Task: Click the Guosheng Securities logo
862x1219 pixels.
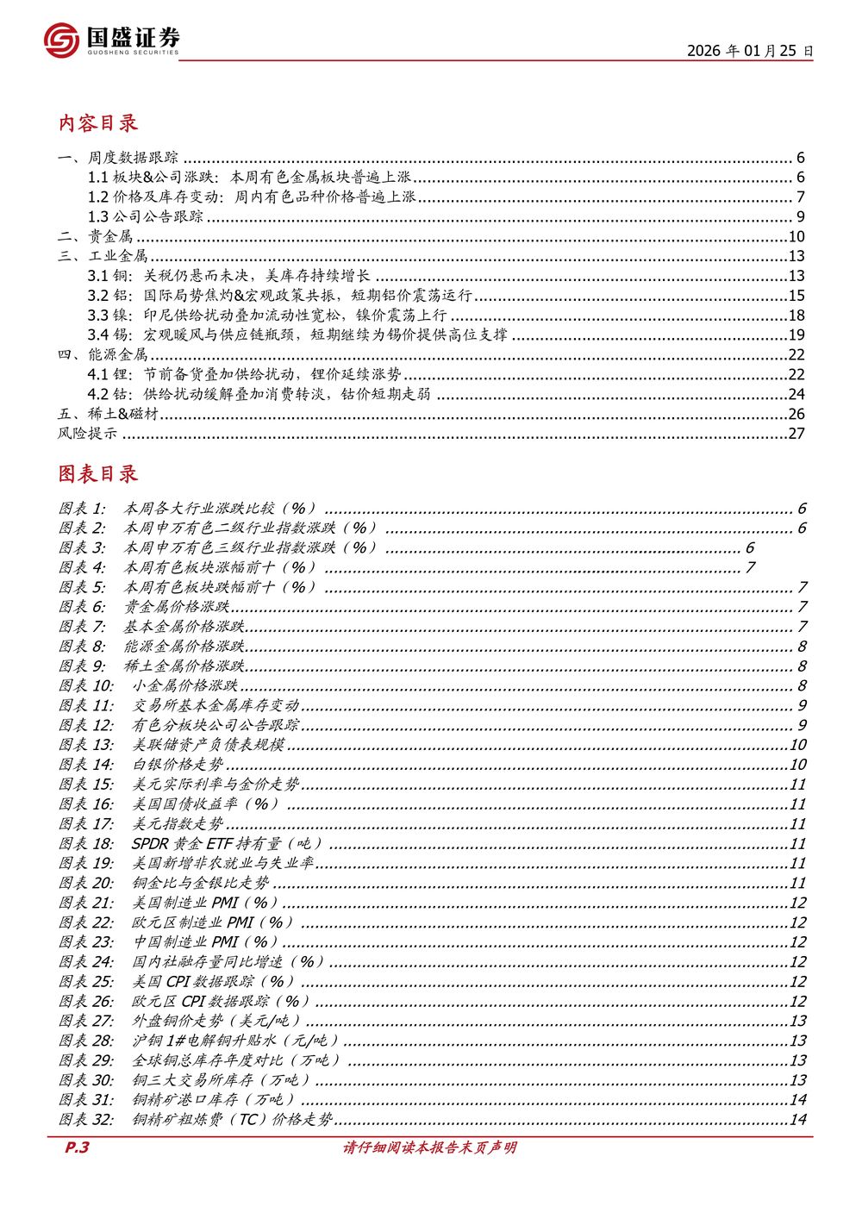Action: click(x=111, y=40)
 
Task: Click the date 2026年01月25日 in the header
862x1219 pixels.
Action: click(x=749, y=51)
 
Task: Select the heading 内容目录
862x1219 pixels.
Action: click(x=97, y=123)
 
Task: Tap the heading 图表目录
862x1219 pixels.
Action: click(x=97, y=474)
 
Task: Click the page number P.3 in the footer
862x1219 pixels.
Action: click(x=78, y=1148)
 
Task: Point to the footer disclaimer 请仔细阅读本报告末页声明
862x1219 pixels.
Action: click(x=430, y=1148)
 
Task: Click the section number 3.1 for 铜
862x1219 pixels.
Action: click(x=98, y=276)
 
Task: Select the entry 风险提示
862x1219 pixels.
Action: click(x=87, y=434)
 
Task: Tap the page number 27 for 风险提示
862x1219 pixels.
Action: click(x=796, y=434)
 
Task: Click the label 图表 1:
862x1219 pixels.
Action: click(x=82, y=509)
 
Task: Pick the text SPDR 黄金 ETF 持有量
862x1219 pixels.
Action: click(x=227, y=844)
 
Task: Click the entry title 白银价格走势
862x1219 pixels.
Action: click(x=178, y=765)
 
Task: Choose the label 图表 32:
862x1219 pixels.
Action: click(x=86, y=1120)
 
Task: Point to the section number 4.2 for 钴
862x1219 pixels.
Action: click(x=98, y=394)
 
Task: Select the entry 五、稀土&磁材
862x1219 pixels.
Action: click(x=108, y=414)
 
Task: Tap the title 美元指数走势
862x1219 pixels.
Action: click(x=178, y=824)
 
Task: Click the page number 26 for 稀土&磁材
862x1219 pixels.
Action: click(x=796, y=414)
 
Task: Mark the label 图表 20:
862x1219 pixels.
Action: click(x=86, y=883)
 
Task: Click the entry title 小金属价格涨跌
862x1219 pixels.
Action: click(x=185, y=686)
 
